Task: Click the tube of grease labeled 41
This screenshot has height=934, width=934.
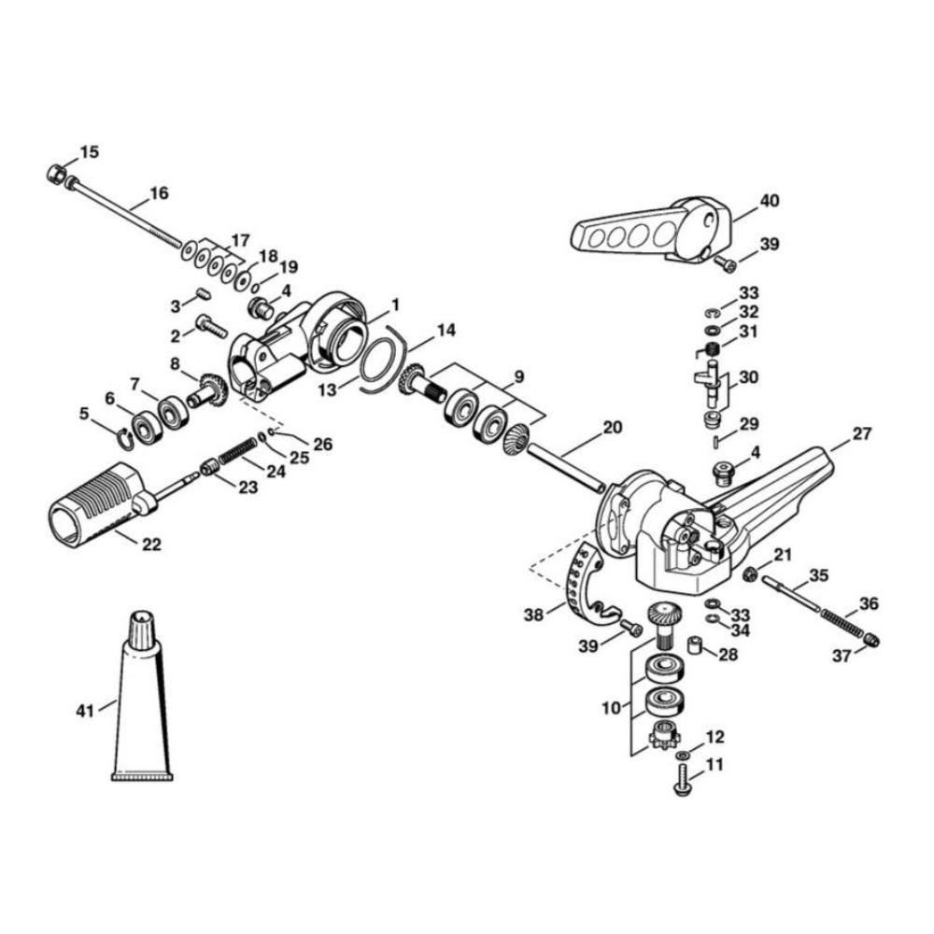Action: click(x=141, y=700)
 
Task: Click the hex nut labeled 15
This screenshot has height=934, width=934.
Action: click(x=54, y=173)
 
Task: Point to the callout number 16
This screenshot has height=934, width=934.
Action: click(x=159, y=194)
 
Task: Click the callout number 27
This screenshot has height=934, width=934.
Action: click(x=860, y=434)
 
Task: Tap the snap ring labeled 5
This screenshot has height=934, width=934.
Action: click(x=122, y=435)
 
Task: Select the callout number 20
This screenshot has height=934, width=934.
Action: click(x=612, y=428)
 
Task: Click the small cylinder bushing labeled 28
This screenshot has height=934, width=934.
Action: click(x=697, y=646)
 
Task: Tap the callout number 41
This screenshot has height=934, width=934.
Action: click(x=86, y=711)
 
